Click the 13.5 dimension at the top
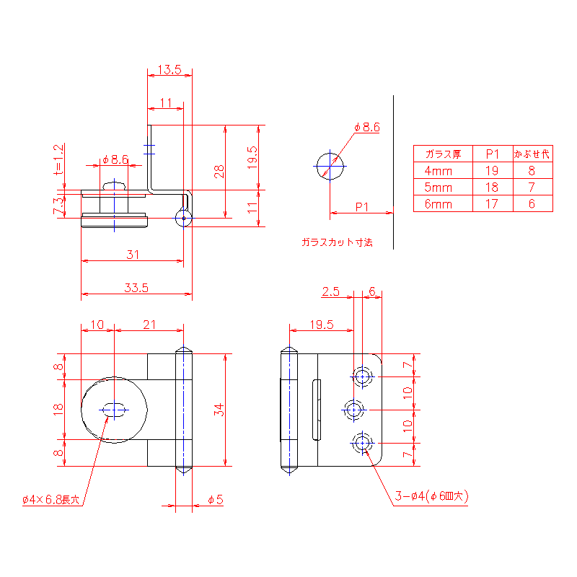169,69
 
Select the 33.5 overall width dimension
136,288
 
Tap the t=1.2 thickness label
58,159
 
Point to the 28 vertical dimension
219,172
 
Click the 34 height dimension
219,410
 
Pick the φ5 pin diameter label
216,499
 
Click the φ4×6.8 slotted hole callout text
50,500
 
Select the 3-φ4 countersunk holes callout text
431,496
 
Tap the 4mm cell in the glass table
438,171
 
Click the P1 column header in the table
493,154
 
